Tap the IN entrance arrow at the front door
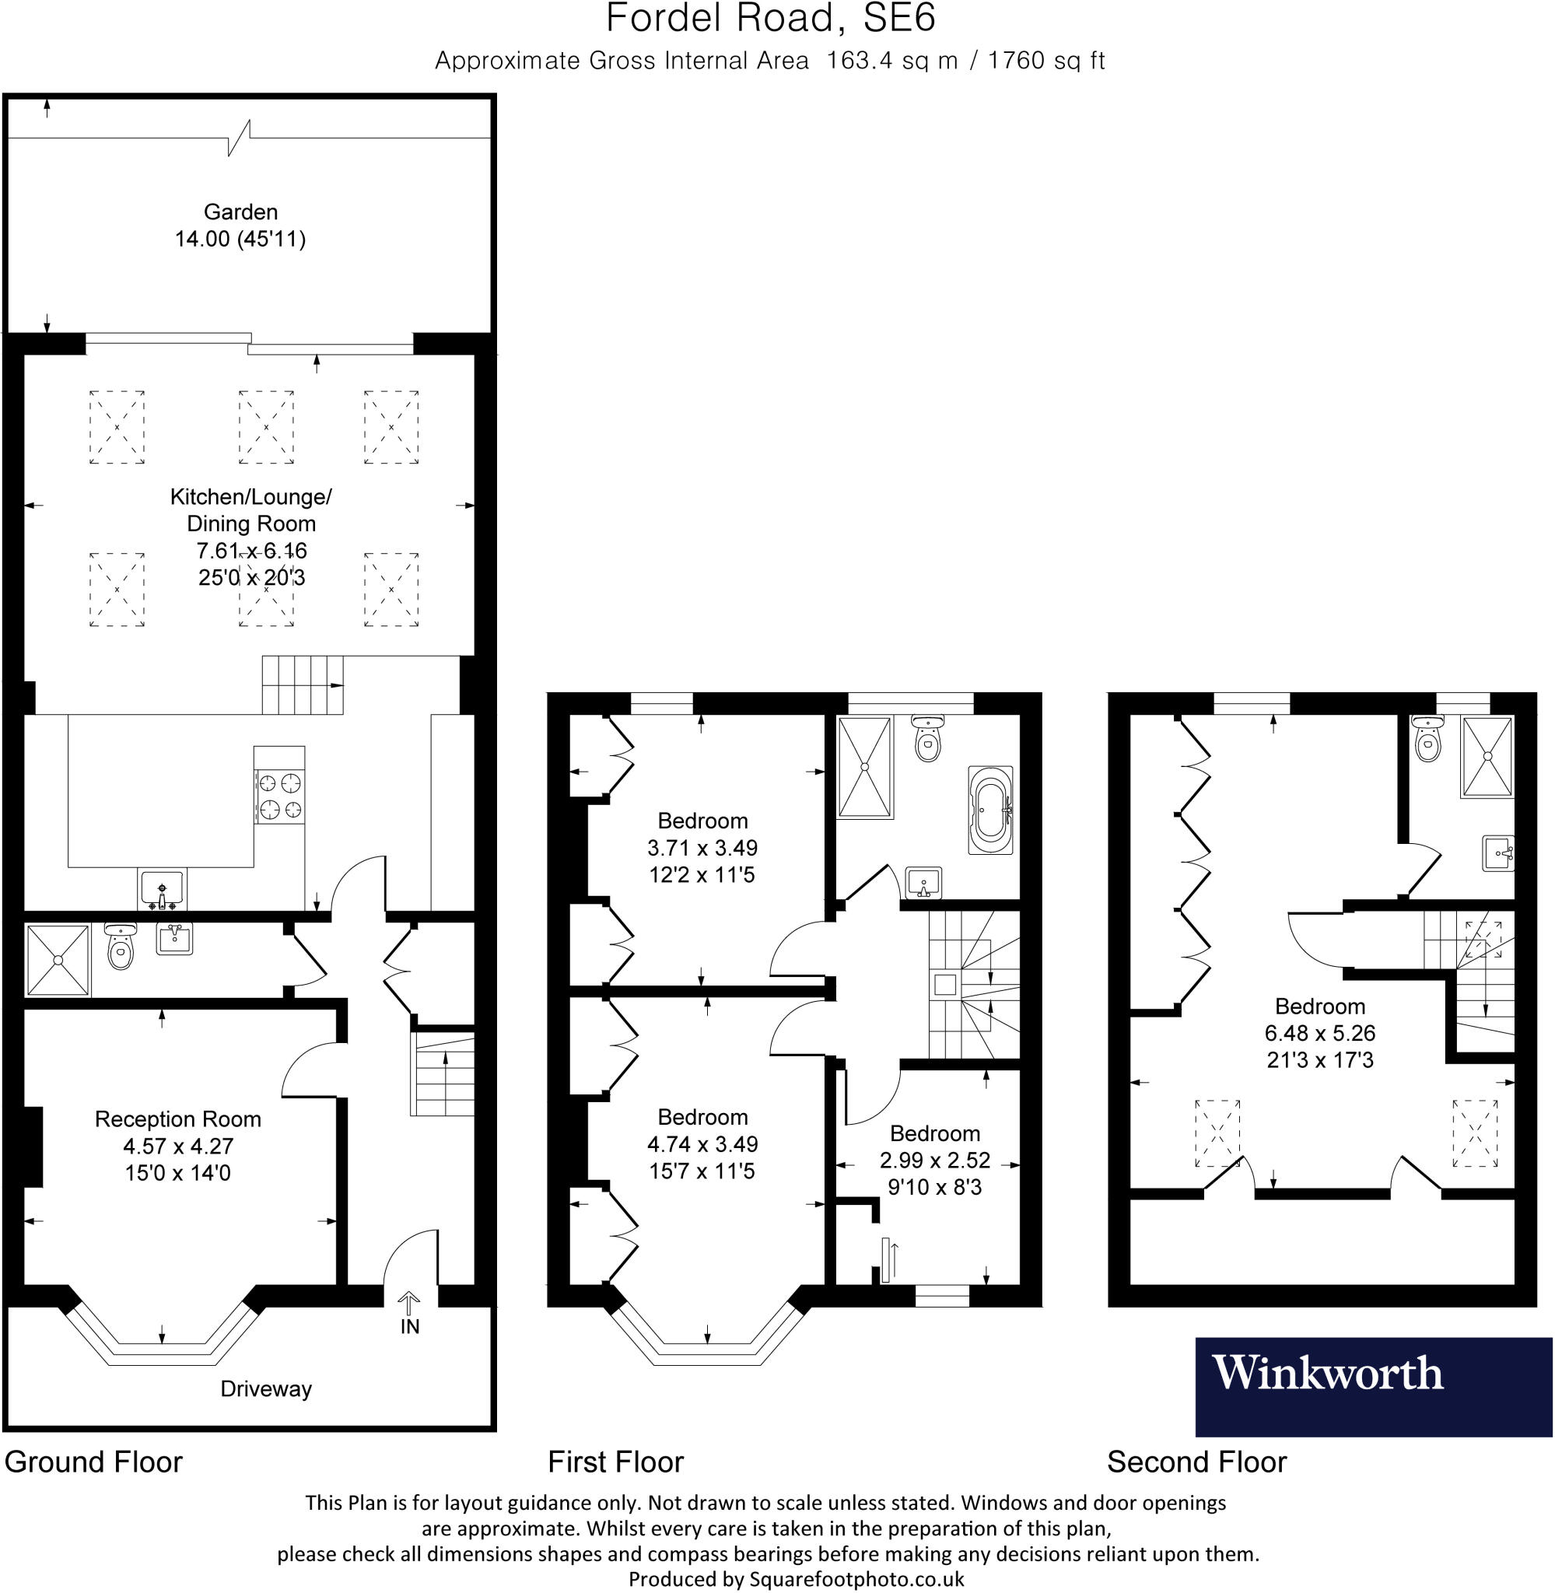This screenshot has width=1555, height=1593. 409,1300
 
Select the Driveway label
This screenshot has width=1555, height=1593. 266,1389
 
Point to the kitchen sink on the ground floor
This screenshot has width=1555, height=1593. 163,888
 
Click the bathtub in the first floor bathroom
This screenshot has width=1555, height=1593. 991,810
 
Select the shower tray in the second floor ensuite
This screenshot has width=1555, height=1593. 1487,756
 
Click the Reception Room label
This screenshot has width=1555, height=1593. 178,1119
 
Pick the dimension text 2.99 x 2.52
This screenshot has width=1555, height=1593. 935,1160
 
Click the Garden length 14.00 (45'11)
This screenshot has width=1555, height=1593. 240,240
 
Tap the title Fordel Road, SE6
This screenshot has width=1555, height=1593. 770,19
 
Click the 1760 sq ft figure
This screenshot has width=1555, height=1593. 1046,61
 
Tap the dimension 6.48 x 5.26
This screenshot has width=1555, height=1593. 1320,1033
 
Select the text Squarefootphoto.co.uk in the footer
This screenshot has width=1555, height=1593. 856,1579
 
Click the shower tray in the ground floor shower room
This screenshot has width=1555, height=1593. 57,960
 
